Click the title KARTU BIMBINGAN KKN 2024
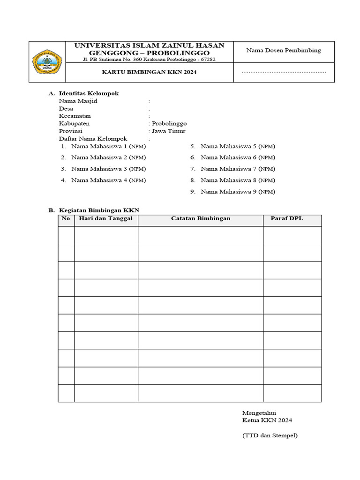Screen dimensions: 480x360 150,73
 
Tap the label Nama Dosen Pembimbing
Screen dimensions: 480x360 284,51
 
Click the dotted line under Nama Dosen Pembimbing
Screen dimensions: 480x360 284,73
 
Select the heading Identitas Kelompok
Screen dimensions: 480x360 89,93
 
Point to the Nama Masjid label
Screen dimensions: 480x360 78,101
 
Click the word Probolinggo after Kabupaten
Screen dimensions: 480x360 169,123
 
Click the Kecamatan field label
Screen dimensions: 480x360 75,116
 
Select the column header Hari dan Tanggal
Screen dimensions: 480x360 106,219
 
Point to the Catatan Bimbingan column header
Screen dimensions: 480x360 200,219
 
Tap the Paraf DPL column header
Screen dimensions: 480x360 287,219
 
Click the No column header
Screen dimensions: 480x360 66,219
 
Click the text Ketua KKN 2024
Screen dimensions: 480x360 267,420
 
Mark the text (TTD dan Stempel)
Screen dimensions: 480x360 270,435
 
